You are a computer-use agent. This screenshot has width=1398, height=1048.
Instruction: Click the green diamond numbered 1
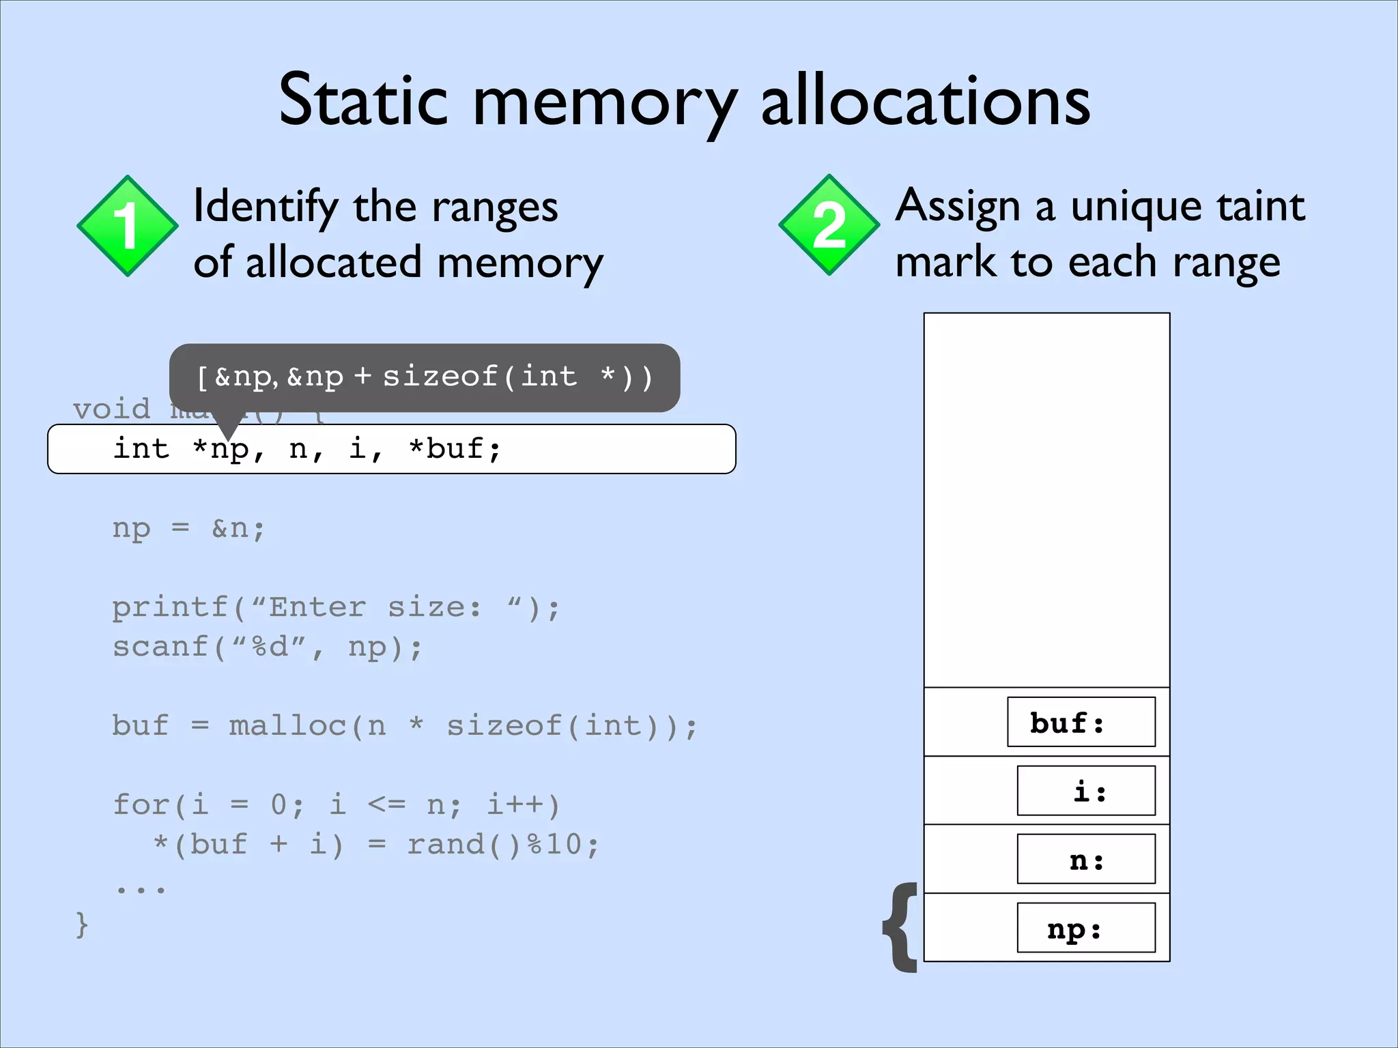[128, 226]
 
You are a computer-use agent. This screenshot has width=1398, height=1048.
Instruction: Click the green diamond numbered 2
[829, 225]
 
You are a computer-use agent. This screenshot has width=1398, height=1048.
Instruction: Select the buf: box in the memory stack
[1081, 722]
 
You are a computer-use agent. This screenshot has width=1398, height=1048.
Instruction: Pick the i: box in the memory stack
[1085, 791]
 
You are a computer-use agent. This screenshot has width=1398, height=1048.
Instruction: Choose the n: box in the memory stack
[1085, 859]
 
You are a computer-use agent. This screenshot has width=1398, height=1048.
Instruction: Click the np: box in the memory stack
[1085, 928]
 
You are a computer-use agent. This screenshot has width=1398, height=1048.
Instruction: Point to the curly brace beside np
[901, 927]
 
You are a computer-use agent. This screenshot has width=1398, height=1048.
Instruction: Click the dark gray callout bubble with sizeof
[425, 377]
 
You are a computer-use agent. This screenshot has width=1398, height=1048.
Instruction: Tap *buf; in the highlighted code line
[455, 449]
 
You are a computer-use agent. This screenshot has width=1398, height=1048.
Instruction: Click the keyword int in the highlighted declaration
[141, 449]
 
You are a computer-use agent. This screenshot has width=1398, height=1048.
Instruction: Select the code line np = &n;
[188, 528]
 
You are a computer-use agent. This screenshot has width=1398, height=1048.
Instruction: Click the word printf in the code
[170, 607]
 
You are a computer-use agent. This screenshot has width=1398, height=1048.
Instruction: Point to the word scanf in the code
[160, 647]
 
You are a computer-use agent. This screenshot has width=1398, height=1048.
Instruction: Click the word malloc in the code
[287, 725]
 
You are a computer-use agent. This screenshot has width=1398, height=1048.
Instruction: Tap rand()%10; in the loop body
[503, 845]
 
